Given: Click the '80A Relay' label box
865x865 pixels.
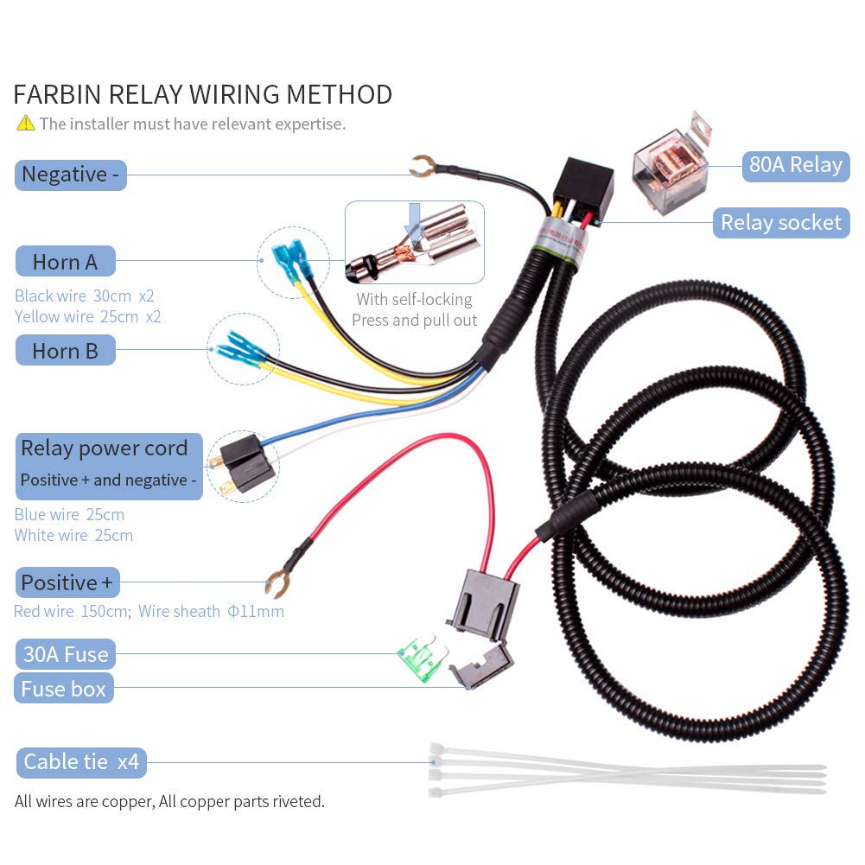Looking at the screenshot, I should (x=795, y=165).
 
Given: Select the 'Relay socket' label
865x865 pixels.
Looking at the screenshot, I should (x=780, y=223).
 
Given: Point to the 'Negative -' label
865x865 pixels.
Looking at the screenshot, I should (x=70, y=174).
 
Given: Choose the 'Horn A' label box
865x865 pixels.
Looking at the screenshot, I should (x=65, y=261).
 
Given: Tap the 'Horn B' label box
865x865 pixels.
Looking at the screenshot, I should (x=65, y=351).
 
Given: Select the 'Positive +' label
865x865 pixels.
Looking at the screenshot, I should (x=67, y=582).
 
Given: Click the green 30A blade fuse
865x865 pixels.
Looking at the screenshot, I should (x=421, y=658).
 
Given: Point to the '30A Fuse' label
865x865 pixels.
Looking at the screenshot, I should (x=65, y=654).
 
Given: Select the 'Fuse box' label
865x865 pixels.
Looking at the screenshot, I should (x=63, y=689).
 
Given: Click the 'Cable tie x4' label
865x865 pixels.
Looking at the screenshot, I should (x=80, y=762).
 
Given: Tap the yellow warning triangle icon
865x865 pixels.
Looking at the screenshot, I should (x=25, y=124).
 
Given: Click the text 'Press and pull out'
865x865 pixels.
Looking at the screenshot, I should (x=414, y=321).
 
